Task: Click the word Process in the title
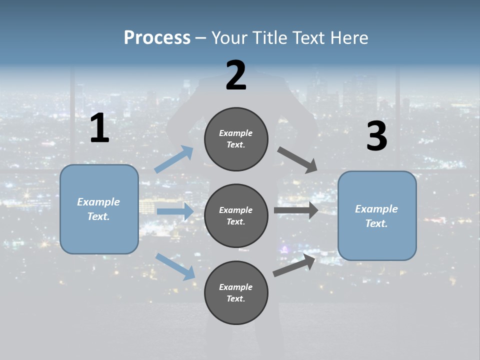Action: (157, 38)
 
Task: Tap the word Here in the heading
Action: (348, 38)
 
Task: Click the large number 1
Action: (99, 128)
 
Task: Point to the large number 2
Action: (236, 75)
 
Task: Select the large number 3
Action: (376, 136)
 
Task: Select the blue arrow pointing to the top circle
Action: (174, 159)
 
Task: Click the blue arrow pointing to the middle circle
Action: (175, 211)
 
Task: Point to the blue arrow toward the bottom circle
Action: (175, 266)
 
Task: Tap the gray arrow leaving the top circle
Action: (297, 159)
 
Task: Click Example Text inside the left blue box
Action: (98, 209)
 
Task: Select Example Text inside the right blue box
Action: (376, 216)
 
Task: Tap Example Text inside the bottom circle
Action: (236, 293)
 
